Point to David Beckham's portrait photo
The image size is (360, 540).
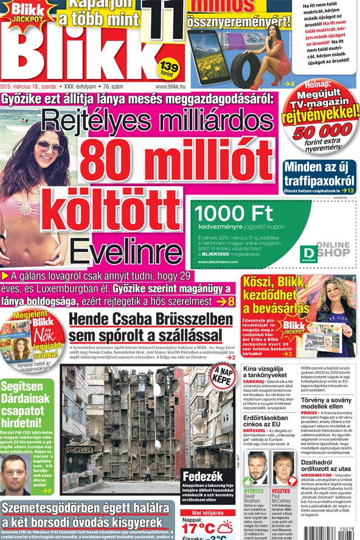tap(255, 468)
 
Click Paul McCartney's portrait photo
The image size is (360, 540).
tap(282, 468)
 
